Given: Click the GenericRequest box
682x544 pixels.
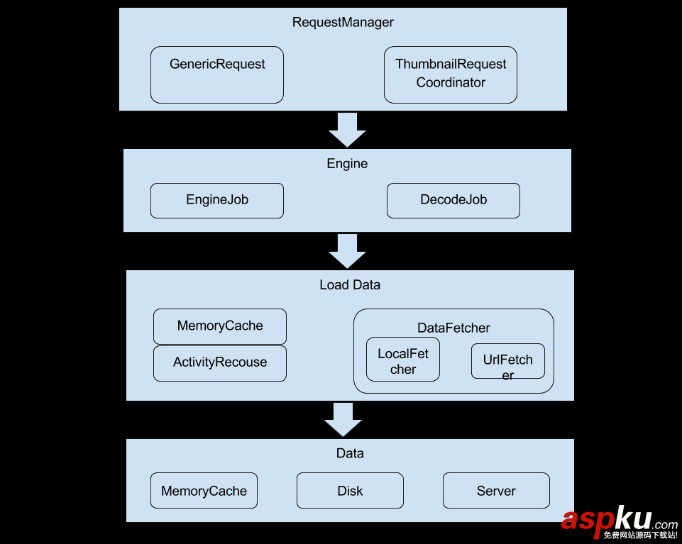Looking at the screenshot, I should point(216,74).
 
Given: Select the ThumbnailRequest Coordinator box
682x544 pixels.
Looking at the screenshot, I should point(450,74).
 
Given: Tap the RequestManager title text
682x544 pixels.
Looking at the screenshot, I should point(343,22).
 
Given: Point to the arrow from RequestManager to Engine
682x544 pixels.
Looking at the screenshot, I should point(347,130).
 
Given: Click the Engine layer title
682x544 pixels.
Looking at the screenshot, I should point(347,164).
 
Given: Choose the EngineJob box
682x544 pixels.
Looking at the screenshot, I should point(216,200).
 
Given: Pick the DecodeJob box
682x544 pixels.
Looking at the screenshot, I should point(453,200).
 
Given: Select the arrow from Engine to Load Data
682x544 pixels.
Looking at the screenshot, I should point(347,251).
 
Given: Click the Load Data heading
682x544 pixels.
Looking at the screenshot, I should point(349,284).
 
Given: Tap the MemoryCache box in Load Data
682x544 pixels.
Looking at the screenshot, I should point(219,326).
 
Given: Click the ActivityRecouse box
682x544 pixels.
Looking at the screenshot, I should point(219,362).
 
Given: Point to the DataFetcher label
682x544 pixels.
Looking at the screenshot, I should point(453,328).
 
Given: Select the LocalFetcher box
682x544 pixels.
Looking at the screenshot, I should point(402,360).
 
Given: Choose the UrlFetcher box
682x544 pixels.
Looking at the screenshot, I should point(507,362).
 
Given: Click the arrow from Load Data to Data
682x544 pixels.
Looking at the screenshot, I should point(343,420).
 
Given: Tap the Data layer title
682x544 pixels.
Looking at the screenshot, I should point(350,453).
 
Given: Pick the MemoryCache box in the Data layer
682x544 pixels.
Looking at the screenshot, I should point(204,491).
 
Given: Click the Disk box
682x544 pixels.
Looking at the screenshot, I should point(350,491).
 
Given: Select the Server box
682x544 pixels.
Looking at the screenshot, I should point(496,491).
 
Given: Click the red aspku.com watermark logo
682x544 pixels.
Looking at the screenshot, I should point(618,521).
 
